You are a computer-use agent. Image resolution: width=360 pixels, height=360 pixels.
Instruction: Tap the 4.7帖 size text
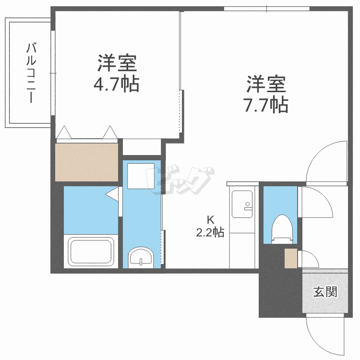[116, 84]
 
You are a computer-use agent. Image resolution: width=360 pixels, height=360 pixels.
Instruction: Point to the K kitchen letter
[210, 220]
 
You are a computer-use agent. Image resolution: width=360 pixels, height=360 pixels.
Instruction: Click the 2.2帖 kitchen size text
[210, 233]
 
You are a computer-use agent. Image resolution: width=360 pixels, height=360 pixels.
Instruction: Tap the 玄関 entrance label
[325, 292]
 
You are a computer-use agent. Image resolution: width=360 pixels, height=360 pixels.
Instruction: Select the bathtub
[91, 252]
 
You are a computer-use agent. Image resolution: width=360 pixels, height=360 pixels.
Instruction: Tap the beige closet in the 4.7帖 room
[86, 162]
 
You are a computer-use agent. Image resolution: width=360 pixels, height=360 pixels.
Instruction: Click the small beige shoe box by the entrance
[291, 259]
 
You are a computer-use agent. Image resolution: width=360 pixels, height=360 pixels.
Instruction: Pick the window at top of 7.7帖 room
[267, 9]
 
